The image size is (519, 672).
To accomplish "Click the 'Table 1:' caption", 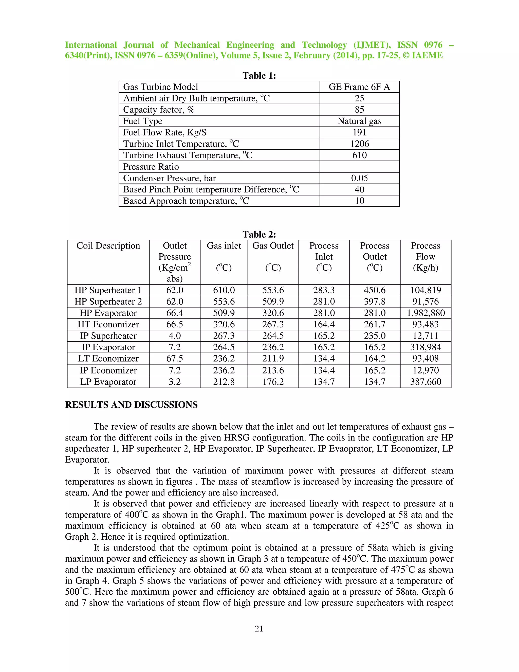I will click(259, 76).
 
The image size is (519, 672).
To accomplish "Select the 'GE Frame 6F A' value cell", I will click(359, 87).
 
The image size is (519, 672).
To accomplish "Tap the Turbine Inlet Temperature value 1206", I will click(359, 144).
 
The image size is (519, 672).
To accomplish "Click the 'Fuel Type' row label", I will click(143, 121).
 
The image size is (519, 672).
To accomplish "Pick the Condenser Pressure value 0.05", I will click(359, 178).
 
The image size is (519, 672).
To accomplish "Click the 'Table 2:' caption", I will click(259, 235).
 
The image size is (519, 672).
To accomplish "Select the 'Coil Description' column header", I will click(108, 246).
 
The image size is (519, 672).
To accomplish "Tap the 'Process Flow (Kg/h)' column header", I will click(425, 257).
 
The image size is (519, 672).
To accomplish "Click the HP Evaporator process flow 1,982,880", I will click(425, 313).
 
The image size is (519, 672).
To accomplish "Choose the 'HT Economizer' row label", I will click(108, 325).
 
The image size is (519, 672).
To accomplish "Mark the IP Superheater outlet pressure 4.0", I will click(175, 336).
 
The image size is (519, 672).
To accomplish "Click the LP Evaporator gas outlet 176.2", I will click(273, 382).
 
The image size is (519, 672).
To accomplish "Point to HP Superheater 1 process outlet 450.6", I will click(375, 290).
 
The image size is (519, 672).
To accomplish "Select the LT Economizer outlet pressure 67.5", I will click(175, 359).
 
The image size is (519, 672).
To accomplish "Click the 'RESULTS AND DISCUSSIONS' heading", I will click(131, 405).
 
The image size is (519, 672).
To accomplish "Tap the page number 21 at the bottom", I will click(259, 629).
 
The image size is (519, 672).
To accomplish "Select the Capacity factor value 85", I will click(359, 110).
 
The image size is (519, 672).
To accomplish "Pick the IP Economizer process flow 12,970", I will click(425, 370).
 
